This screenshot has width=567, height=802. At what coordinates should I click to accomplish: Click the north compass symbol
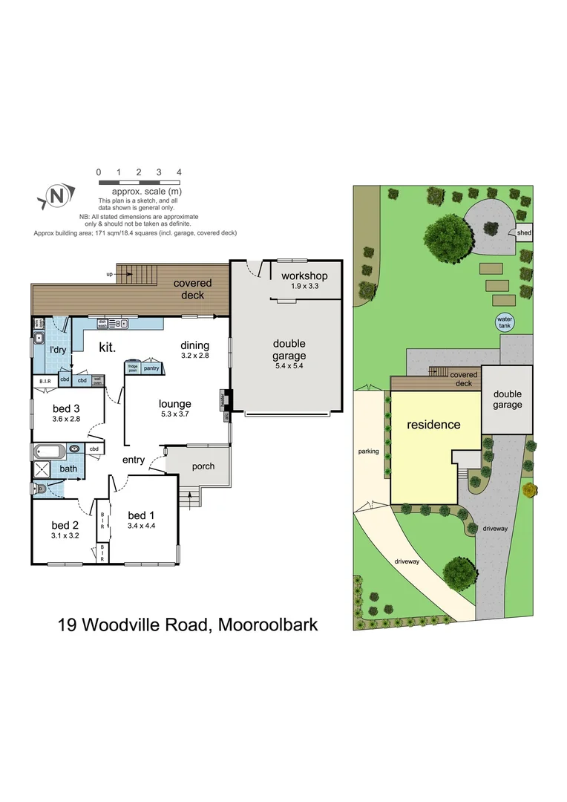tap(55, 196)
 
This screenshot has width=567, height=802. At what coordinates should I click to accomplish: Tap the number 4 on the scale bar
tap(179, 172)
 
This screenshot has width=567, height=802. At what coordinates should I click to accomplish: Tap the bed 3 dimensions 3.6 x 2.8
tap(66, 420)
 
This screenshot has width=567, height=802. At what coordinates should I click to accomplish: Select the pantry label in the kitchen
tap(151, 368)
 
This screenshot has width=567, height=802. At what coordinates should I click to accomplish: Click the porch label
tap(203, 466)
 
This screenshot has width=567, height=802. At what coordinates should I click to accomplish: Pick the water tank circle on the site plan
tap(505, 322)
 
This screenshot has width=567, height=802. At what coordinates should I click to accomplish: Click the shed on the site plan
tap(524, 233)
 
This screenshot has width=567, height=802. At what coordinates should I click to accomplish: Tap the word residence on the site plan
tap(433, 425)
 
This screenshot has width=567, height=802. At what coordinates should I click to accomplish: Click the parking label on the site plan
tap(368, 451)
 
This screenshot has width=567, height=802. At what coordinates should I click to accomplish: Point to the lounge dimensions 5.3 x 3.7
tap(174, 414)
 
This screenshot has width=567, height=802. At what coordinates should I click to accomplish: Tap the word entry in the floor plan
tap(134, 460)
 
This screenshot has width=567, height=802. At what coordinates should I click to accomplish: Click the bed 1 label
tap(141, 515)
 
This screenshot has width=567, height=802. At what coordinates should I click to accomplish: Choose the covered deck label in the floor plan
tap(193, 288)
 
